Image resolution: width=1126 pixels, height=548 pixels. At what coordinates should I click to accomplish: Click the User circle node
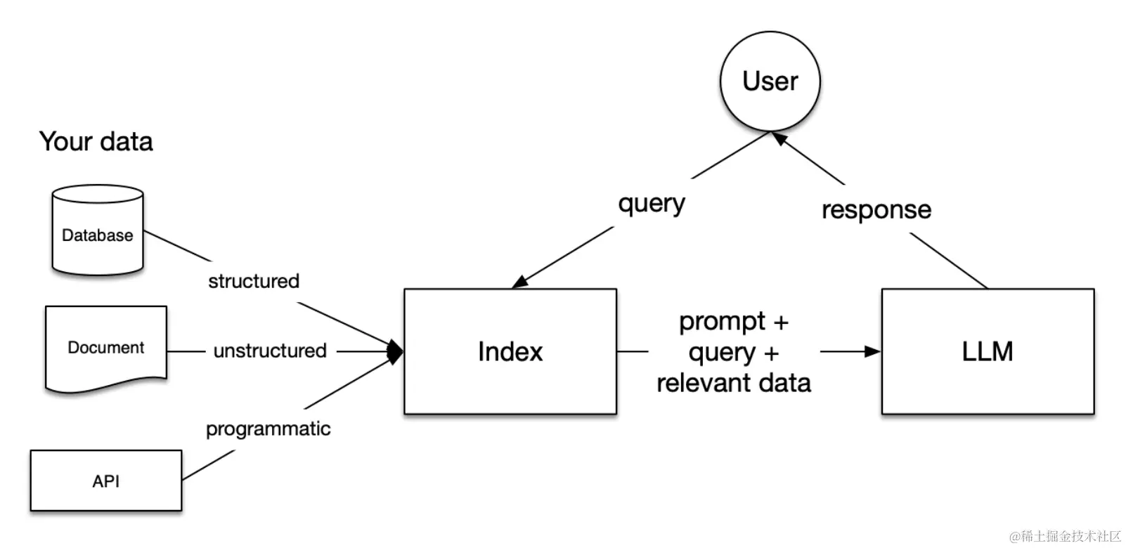coord(770,81)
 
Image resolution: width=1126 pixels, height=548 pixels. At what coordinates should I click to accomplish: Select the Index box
coord(510,351)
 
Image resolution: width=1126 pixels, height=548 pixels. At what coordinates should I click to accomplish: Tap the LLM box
coord(988,351)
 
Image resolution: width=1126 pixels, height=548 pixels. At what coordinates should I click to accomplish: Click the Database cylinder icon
coord(98,230)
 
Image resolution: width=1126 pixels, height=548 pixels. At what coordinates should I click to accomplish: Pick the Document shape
coord(106,347)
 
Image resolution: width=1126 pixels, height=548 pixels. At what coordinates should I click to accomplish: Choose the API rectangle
coord(106,481)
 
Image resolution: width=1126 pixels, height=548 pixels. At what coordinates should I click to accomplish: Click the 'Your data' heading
coord(96,142)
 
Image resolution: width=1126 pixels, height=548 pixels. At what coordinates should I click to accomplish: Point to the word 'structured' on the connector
coord(254,281)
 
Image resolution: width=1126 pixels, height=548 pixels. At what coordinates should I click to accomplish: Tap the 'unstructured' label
coord(270,351)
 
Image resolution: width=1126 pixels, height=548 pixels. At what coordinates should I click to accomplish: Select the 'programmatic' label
coord(268,429)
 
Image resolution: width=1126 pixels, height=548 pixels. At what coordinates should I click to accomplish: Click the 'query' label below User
coord(652,204)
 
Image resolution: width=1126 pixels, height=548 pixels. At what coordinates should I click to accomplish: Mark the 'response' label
coord(876,209)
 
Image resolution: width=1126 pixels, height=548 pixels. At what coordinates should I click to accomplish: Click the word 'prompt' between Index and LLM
coord(722,321)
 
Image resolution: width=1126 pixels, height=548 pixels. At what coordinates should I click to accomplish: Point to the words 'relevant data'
coord(734,384)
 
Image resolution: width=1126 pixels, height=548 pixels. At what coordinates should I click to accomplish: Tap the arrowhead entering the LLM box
coord(873,351)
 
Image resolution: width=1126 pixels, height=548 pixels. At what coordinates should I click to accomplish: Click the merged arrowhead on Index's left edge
coord(397,351)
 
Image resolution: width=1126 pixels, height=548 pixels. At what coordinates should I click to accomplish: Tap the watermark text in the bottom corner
coord(1065,536)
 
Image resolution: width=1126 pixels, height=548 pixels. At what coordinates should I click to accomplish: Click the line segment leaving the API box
coord(208,465)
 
